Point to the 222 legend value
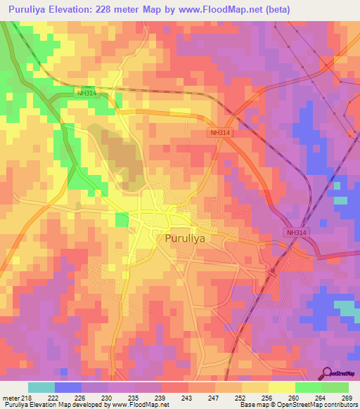[53, 397]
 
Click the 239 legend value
[161, 397]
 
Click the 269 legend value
[346, 397]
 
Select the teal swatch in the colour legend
[41, 387]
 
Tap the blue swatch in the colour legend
[68, 387]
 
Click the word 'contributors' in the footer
[339, 405]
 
